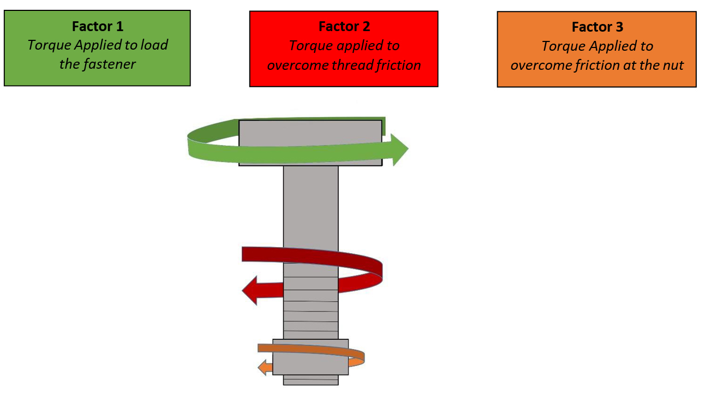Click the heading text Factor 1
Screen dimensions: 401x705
coord(98,26)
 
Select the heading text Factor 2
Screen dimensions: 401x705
coord(344,27)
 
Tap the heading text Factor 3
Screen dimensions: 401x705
coord(597,27)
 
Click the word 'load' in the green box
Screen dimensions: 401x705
coord(154,45)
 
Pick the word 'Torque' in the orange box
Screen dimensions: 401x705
coord(561,46)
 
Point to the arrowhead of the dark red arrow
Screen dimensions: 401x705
coord(250,290)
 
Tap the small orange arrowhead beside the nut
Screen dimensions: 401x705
coord(263,367)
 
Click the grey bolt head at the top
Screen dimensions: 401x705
coord(310,131)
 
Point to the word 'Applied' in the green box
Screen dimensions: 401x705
coord(97,45)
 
